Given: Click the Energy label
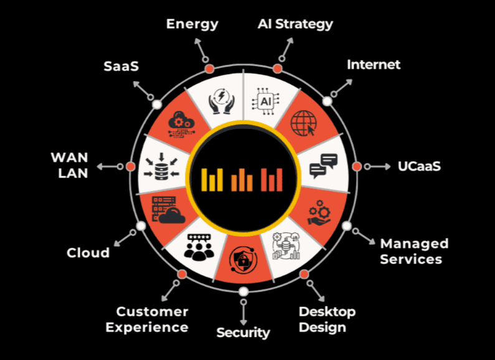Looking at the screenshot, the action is [x=192, y=25].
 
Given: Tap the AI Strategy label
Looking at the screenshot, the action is [x=295, y=25].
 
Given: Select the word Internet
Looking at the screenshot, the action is [x=374, y=65].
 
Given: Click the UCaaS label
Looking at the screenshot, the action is [x=419, y=166].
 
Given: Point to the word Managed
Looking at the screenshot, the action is [x=414, y=244].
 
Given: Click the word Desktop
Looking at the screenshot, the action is [x=327, y=312].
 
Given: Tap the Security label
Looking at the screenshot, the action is [x=243, y=333].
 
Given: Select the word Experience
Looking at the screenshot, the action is [x=147, y=328].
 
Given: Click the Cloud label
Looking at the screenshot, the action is [x=88, y=253].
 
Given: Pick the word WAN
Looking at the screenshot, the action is [x=70, y=158].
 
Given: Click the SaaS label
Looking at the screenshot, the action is [x=121, y=66].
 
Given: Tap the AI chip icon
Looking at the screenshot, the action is [x=265, y=101].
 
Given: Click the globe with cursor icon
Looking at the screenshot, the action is [x=303, y=123].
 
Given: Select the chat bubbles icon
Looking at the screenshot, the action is [x=324, y=166].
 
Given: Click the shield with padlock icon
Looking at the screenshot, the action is [x=242, y=260].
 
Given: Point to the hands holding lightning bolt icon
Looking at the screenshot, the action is [x=222, y=101].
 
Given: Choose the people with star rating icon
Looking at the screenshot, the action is [x=199, y=247].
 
